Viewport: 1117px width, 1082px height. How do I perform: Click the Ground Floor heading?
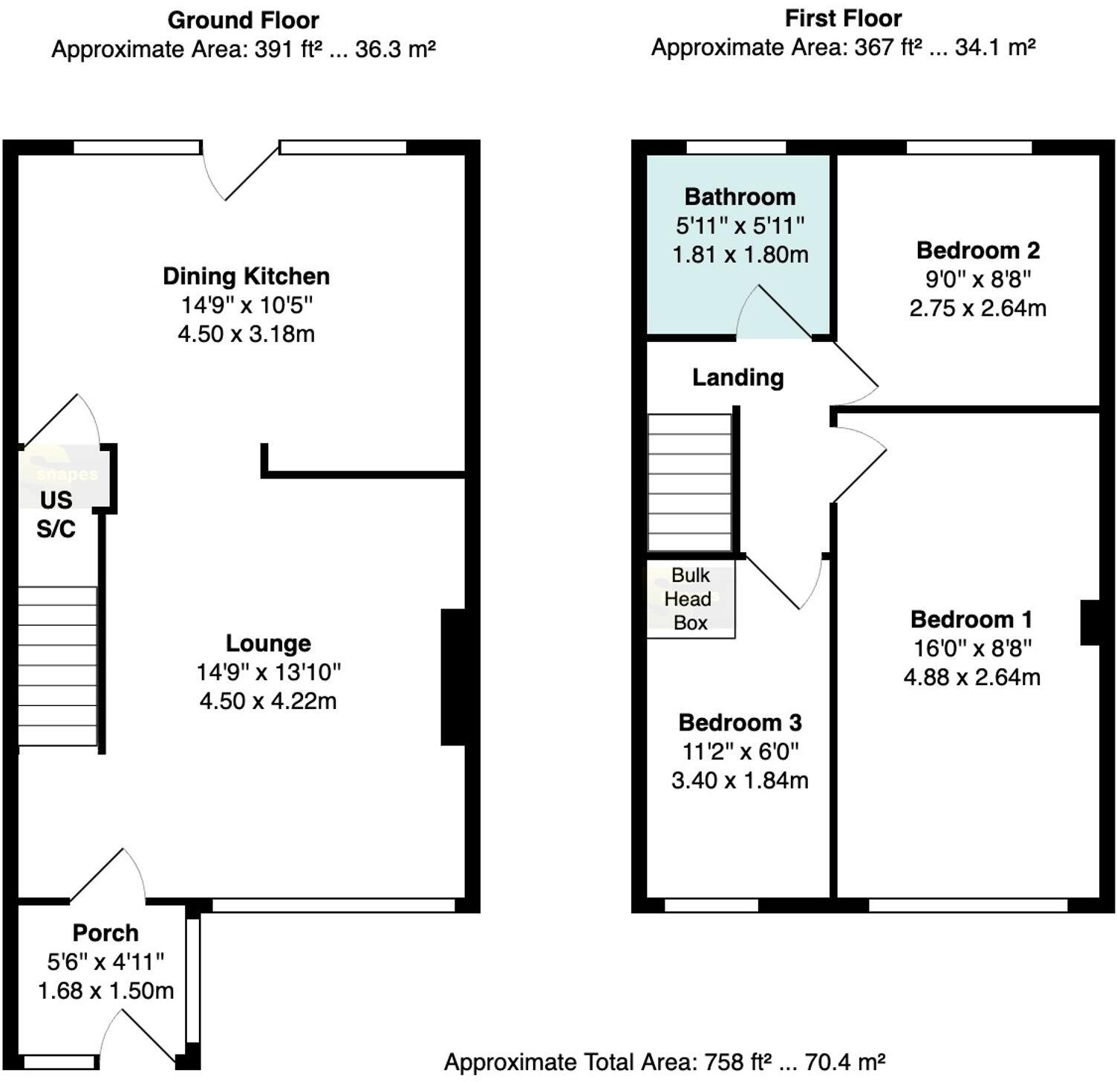[x=243, y=20]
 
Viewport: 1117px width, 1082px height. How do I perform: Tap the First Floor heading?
[x=843, y=19]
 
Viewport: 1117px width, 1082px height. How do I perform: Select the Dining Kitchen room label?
[x=246, y=276]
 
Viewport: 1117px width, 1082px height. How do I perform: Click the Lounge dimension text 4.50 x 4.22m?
[x=267, y=701]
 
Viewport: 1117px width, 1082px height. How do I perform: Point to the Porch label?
[x=105, y=933]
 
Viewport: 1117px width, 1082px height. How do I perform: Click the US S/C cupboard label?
[x=56, y=514]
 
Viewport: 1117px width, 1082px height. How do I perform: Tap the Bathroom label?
[x=740, y=197]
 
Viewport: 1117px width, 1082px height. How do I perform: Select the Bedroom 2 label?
[x=977, y=250]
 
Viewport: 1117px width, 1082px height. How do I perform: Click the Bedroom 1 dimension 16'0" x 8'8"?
[x=971, y=649]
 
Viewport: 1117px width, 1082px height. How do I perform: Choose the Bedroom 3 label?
[x=740, y=722]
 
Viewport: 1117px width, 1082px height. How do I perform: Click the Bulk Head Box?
[x=691, y=599]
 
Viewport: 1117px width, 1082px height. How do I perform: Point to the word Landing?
[x=737, y=378]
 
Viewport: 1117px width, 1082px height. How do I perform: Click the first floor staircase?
[x=690, y=483]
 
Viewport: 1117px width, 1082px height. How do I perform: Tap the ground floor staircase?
[x=57, y=666]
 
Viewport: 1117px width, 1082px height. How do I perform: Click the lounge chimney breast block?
[x=454, y=677]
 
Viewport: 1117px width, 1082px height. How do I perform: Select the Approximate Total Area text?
[x=664, y=1062]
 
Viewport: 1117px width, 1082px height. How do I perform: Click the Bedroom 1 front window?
[x=968, y=905]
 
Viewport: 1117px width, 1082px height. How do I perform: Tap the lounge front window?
[x=333, y=905]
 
